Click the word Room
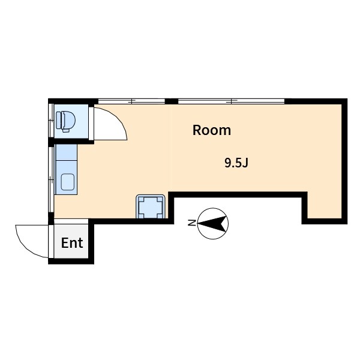pyautogui.click(x=211, y=130)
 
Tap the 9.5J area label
pyautogui.click(x=236, y=163)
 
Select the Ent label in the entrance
pyautogui.click(x=72, y=243)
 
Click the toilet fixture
pyautogui.click(x=65, y=121)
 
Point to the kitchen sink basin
pyautogui.click(x=67, y=182)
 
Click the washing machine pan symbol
pyautogui.click(x=151, y=206)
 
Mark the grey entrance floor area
pyautogui.click(x=71, y=241)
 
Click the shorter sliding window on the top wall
pyautogui.click(x=131, y=101)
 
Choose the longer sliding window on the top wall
pyautogui.click(x=232, y=101)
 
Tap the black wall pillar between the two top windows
pyautogui.click(x=172, y=101)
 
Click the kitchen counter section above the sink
pyautogui.click(x=67, y=152)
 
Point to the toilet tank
pyautogui.click(x=59, y=120)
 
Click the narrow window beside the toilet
pyautogui.click(x=51, y=121)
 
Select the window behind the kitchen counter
pyautogui.click(x=51, y=179)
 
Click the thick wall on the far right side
pyautogui.click(x=344, y=161)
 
